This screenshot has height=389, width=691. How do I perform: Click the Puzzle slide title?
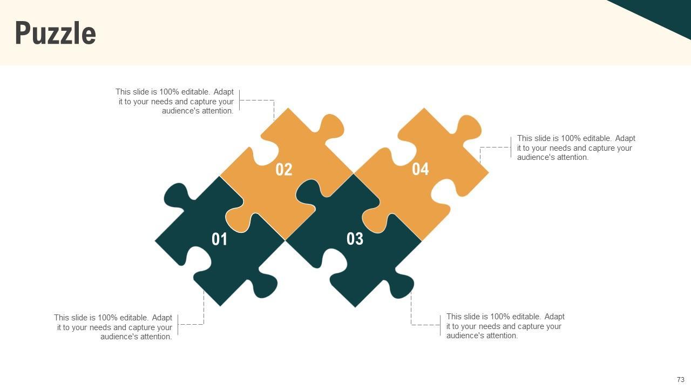56,33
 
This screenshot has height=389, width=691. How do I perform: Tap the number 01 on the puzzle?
219,239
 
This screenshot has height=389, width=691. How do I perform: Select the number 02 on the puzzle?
284,170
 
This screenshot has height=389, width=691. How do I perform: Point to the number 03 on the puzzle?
355,239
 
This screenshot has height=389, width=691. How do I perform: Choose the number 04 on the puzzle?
420,169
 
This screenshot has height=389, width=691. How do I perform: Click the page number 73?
681,379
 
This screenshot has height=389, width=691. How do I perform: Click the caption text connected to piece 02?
174,101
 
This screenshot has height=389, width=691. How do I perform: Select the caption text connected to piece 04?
576,147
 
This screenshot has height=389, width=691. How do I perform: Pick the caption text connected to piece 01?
113,327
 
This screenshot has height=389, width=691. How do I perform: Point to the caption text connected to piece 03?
505,326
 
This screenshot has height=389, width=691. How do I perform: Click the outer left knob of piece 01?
175,196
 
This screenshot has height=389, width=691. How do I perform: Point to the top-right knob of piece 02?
331,126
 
